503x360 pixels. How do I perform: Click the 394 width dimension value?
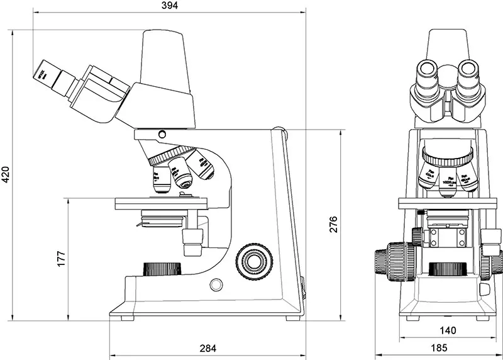170,6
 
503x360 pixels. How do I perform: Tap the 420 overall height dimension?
6,174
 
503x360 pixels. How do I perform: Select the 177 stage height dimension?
61,259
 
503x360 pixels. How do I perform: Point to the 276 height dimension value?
334,224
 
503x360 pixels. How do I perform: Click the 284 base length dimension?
207,347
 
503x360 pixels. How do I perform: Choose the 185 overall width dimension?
439,347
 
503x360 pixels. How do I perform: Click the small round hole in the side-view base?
216,284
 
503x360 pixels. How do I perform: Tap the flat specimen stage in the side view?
160,203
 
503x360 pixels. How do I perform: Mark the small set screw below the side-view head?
163,134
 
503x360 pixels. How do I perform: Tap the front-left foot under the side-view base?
128,318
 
